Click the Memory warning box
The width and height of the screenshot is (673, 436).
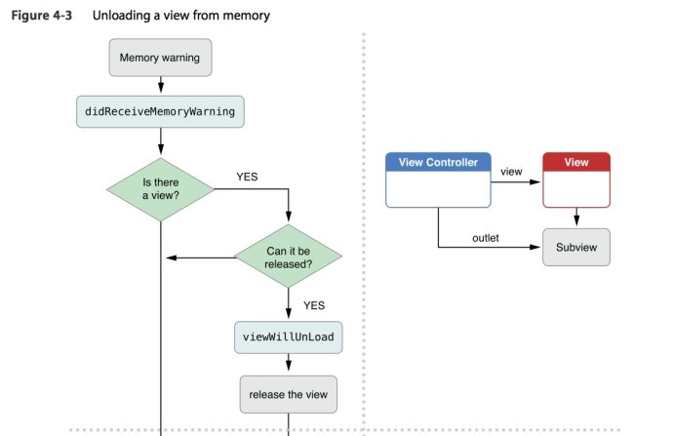click(x=159, y=58)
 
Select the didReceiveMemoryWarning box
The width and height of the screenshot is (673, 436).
click(x=159, y=111)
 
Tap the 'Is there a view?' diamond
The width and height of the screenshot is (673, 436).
click(x=160, y=190)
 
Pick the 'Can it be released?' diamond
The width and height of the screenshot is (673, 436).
click(x=288, y=258)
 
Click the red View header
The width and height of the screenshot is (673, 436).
click(x=576, y=162)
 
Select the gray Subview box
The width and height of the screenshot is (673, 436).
click(x=576, y=248)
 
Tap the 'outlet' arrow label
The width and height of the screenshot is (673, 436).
click(x=486, y=237)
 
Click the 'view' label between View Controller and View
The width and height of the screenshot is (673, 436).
click(x=511, y=171)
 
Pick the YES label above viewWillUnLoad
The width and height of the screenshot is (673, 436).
click(x=314, y=305)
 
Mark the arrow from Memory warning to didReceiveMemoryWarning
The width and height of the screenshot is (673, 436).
click(x=159, y=85)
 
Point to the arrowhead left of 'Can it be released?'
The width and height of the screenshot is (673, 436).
click(x=171, y=258)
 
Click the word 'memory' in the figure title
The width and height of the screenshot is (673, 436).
click(x=248, y=17)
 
